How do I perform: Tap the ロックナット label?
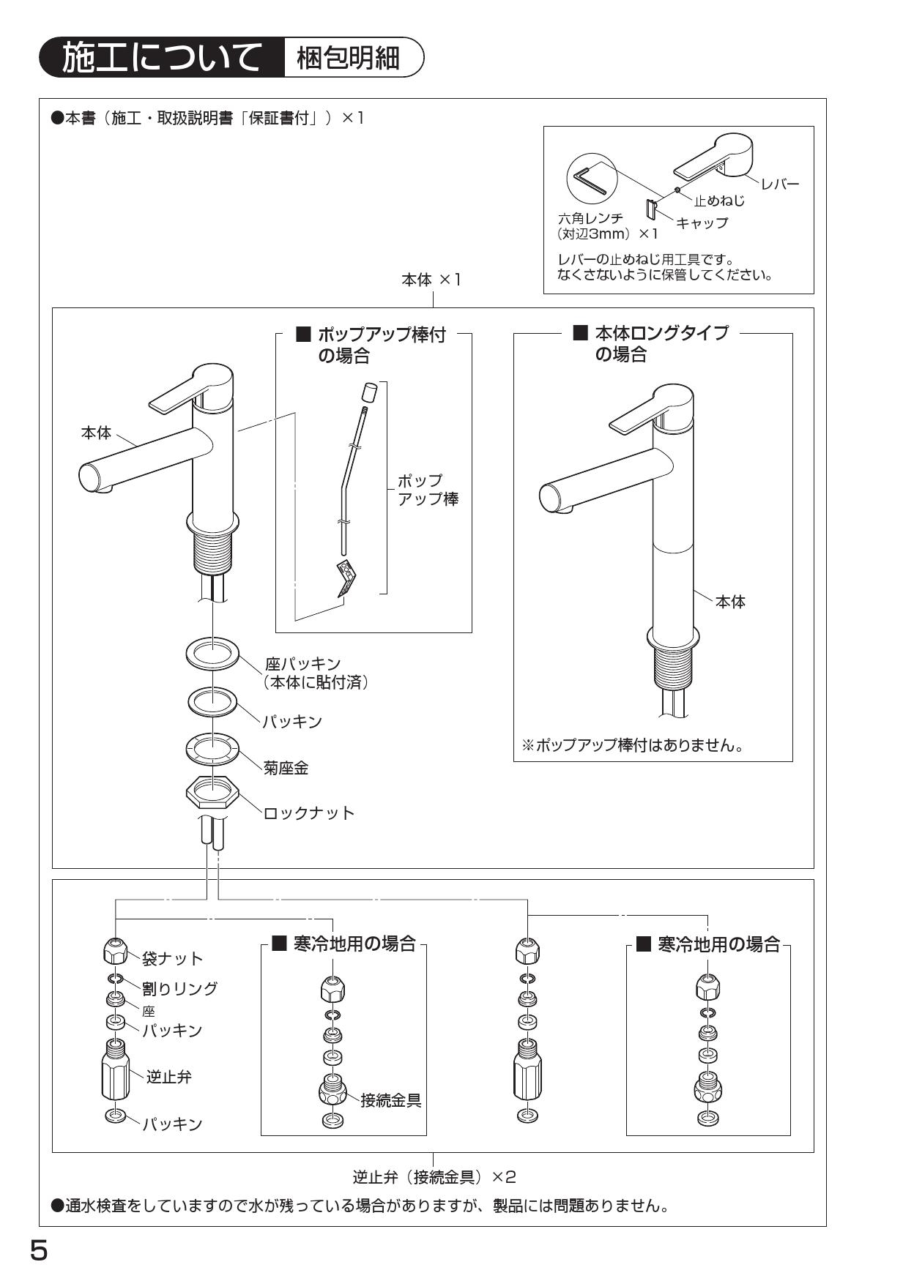(308, 813)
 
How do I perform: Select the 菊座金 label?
(286, 768)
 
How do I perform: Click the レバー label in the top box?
(779, 184)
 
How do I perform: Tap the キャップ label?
(702, 223)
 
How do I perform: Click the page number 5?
(38, 1250)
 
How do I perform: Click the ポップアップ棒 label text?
(428, 490)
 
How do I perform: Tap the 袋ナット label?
(172, 958)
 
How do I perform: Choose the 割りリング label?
(179, 988)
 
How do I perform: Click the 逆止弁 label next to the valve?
(169, 1077)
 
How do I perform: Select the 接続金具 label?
(390, 1100)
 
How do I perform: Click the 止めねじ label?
(719, 200)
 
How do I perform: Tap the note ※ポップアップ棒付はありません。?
(633, 745)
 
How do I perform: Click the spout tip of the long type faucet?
(549, 498)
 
